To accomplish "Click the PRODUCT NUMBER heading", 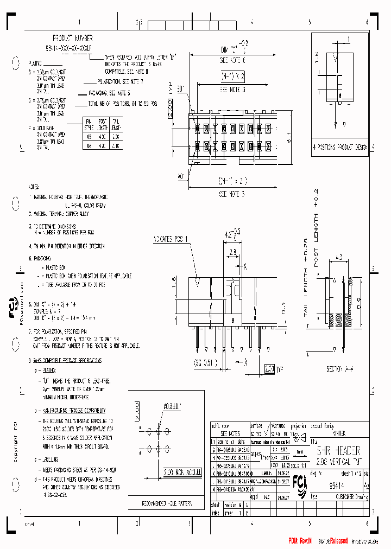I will click(x=72, y=39).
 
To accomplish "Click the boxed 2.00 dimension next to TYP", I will click(x=269, y=368).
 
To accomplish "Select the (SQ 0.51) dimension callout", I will click(x=206, y=363).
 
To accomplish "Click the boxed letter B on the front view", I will click(x=232, y=320).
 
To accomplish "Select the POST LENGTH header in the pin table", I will click(x=103, y=124).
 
